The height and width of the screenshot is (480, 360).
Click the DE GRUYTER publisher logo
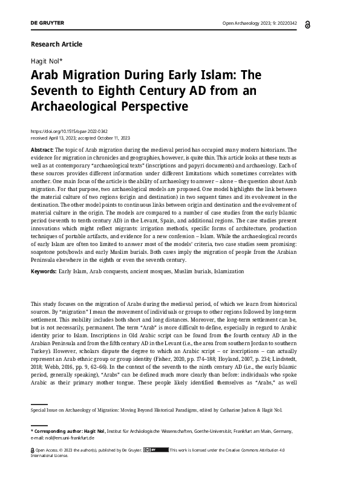(47, 23)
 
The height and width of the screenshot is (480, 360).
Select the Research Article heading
(56, 44)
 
